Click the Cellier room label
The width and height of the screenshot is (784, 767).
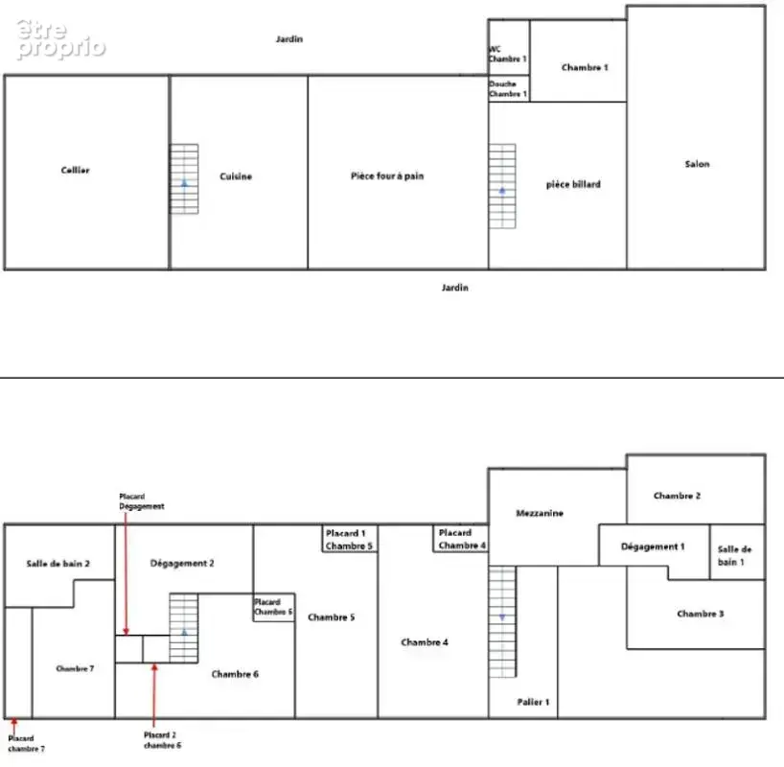pos(75,170)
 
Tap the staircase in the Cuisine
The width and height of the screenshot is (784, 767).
pos(184,179)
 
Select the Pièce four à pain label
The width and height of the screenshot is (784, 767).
pos(387,175)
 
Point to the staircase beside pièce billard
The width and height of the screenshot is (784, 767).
pos(502,186)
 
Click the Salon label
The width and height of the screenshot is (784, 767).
pos(697,164)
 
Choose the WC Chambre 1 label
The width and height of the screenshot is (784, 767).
pos(508,54)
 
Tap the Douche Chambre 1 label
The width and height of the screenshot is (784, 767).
pos(508,88)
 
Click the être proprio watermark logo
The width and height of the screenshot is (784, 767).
pos(60,39)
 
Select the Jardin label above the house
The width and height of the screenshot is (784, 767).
pos(289,39)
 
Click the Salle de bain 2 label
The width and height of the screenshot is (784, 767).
pos(58,564)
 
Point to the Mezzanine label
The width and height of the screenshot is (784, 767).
pos(540,513)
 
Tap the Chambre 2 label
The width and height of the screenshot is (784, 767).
pos(677,496)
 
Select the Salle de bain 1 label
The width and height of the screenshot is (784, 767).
pos(734,555)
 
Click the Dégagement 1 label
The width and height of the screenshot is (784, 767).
pos(653,546)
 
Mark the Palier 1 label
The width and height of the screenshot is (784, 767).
pos(533,702)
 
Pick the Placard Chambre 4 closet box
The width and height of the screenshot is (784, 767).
pos(460,539)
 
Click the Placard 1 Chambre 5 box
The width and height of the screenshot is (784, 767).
pos(350,539)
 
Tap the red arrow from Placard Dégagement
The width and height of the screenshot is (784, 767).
pos(126,574)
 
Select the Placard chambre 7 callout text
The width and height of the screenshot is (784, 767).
pos(26,743)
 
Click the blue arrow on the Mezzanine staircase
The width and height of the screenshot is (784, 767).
pos(502,617)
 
